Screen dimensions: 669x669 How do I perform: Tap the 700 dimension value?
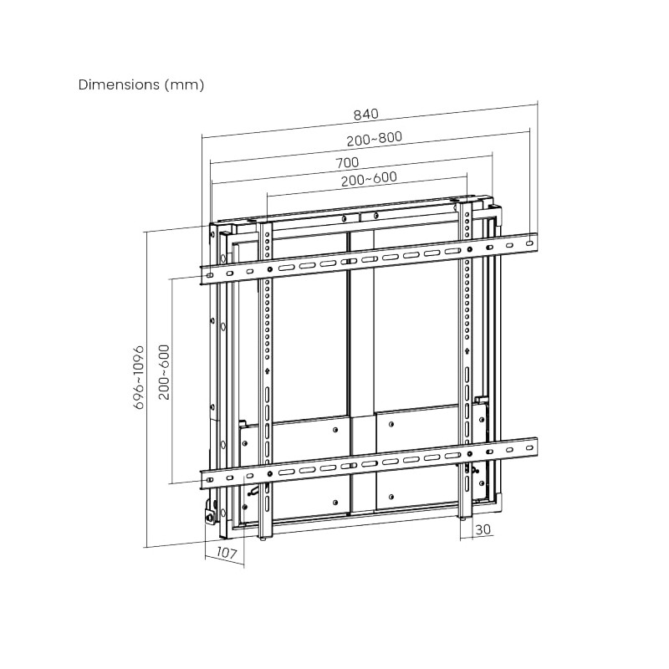click(347, 162)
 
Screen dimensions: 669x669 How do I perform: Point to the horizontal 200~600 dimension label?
click(369, 178)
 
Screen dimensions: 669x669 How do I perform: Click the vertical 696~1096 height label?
click(140, 377)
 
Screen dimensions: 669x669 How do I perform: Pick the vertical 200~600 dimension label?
click(164, 371)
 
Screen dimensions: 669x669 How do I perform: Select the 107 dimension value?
click(226, 553)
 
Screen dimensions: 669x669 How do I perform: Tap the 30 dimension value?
click(483, 529)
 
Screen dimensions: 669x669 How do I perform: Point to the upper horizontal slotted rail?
click(368, 258)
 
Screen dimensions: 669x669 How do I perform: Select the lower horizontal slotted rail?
click(368, 460)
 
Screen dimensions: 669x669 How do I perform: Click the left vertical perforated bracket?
click(267, 376)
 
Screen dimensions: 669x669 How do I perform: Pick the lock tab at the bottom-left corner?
click(208, 513)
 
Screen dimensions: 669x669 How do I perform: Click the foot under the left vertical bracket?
click(266, 539)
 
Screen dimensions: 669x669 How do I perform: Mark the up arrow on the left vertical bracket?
click(267, 371)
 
